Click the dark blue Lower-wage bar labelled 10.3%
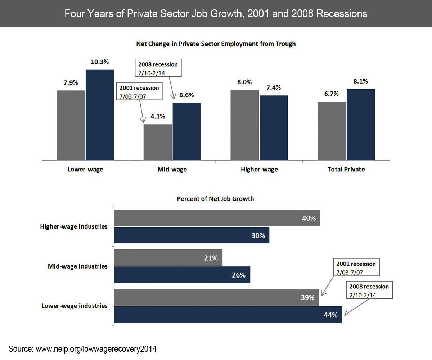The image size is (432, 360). tap(100, 115)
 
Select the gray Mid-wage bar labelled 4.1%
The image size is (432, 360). tap(158, 142)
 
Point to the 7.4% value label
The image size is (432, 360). tap(273, 88)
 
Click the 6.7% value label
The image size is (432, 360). tap(331, 94)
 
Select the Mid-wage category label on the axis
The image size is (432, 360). tap(172, 169)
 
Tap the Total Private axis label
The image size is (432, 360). tap(346, 169)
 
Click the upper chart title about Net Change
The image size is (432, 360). tap(216, 44)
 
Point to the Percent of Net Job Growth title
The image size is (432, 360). tap(215, 199)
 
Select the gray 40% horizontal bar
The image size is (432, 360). tap(217, 218)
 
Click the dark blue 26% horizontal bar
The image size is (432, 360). tap(182, 275)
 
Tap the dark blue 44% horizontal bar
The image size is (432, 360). tap(228, 315)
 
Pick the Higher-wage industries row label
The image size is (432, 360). tap(74, 227)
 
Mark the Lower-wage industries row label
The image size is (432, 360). tap(75, 306)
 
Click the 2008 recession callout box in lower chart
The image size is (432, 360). tap(370, 290)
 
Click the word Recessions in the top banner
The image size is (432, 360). tap(342, 14)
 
